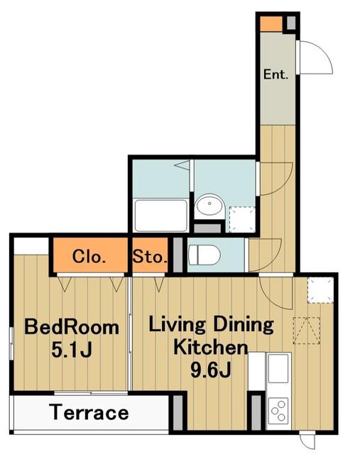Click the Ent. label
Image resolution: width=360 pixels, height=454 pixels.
[x=276, y=74]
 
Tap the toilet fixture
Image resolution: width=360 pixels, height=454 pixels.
[x=204, y=255]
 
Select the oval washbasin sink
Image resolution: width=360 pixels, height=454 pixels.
[x=209, y=205]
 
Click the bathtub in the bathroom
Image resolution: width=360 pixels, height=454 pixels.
[x=161, y=216]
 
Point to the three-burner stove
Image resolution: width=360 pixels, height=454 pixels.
[x=278, y=411]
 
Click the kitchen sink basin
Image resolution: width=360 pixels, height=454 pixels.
[x=278, y=368]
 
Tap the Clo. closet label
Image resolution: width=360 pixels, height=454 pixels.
[x=89, y=257]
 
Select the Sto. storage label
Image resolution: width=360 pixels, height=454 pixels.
[x=150, y=257]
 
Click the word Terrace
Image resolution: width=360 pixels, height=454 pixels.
[x=89, y=412]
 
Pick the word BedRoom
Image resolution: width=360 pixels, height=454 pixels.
[x=72, y=327]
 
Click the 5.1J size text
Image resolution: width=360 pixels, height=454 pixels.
[x=72, y=350]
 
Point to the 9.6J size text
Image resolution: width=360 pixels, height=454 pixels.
[x=211, y=370]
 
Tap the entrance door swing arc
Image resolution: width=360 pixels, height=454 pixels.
[x=322, y=55]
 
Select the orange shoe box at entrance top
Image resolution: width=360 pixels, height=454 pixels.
[x=271, y=23]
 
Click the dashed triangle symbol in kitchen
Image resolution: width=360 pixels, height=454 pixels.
[x=307, y=331]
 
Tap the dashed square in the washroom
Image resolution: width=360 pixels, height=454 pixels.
[x=242, y=219]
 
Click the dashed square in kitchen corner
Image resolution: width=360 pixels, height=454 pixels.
[x=320, y=290]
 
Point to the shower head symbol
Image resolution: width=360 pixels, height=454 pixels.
[x=182, y=165]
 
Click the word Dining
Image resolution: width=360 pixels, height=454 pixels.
[x=244, y=325]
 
